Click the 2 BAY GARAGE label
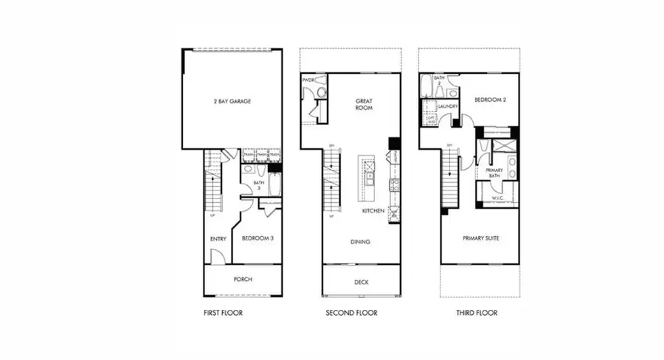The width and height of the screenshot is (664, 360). pyautogui.click(x=233, y=101)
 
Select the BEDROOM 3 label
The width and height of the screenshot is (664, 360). pyautogui.click(x=257, y=238)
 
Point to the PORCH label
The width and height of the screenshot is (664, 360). pyautogui.click(x=243, y=279)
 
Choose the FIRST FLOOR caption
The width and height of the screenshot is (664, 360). pyautogui.click(x=223, y=313)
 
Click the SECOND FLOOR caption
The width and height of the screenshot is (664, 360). pyautogui.click(x=351, y=313)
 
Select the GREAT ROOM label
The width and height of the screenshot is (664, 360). pyautogui.click(x=363, y=103)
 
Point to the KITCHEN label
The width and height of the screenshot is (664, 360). pyautogui.click(x=373, y=211)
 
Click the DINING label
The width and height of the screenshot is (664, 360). pyautogui.click(x=361, y=242)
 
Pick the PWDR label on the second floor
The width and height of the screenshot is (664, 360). pyautogui.click(x=308, y=80)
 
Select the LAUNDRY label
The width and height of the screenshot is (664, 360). pyautogui.click(x=448, y=107)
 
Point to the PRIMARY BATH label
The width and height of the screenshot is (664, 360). pyautogui.click(x=494, y=173)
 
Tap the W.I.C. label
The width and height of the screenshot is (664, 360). pyautogui.click(x=498, y=196)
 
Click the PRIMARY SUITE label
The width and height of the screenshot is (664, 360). pyautogui.click(x=479, y=238)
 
